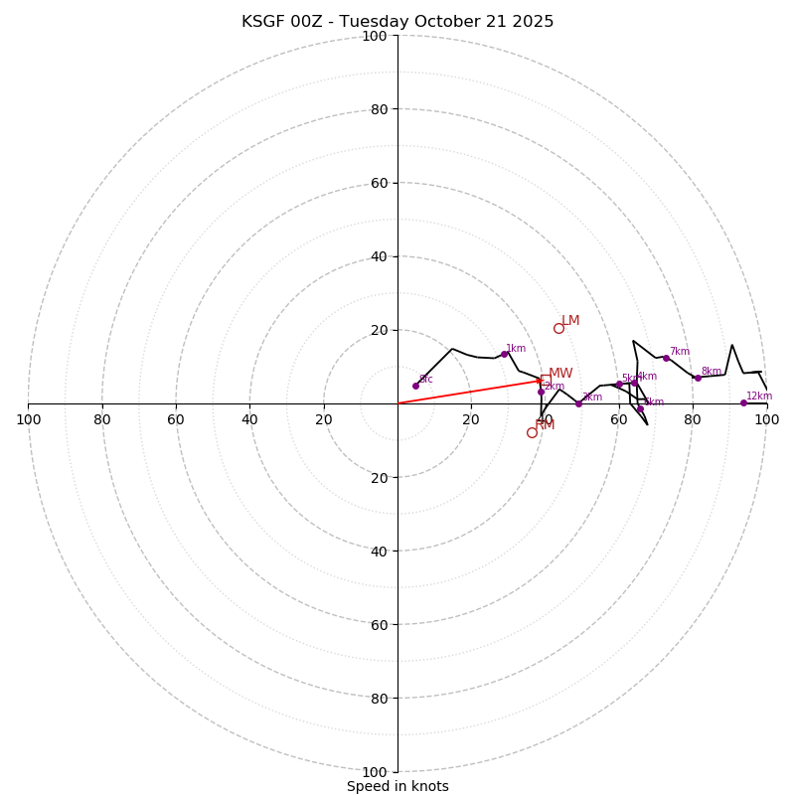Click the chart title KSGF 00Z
coord(397,22)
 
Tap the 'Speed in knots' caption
coord(397,786)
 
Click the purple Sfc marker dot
coord(415,386)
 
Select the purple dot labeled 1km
coord(504,354)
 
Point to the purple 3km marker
coord(578,403)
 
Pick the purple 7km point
coord(666,358)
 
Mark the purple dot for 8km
coord(698,378)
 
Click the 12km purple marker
coord(743,402)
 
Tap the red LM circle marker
coord(558,328)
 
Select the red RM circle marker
coord(532,432)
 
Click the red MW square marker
coord(546,379)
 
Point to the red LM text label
coord(570,321)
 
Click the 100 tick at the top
coord(375,36)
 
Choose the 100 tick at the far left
coord(28,419)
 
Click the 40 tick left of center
coord(249,419)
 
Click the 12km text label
coord(759,396)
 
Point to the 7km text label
coord(680,351)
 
